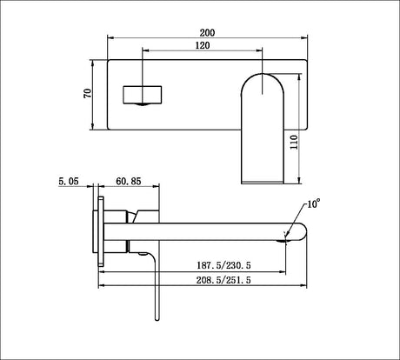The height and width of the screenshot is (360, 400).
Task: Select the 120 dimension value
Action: pyautogui.click(x=202, y=45)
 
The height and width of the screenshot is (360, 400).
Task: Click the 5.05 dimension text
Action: pyautogui.click(x=69, y=182)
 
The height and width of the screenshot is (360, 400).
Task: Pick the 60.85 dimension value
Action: pyautogui.click(x=129, y=182)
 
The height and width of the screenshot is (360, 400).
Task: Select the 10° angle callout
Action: pyautogui.click(x=312, y=203)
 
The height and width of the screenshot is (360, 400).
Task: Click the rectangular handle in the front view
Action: pyautogui.click(x=143, y=94)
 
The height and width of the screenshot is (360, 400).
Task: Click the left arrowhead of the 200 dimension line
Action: pyautogui.click(x=110, y=38)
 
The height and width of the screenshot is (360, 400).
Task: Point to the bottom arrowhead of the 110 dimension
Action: pyautogui.click(x=299, y=180)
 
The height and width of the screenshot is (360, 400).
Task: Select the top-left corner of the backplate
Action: pyautogui.click(x=108, y=60)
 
